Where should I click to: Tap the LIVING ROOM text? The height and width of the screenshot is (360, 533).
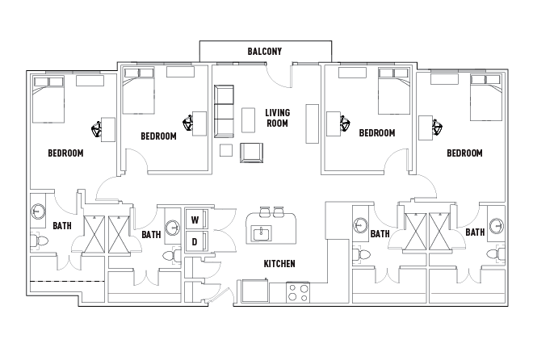pyautogui.click(x=277, y=119)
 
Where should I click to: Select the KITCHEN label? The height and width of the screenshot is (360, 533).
pyautogui.click(x=279, y=264)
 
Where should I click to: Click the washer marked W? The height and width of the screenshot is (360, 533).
pyautogui.click(x=195, y=220)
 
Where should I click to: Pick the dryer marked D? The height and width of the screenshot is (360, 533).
pyautogui.click(x=195, y=241)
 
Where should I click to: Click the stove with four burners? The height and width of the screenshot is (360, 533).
pyautogui.click(x=298, y=291)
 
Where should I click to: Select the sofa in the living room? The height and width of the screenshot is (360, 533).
pyautogui.click(x=224, y=111)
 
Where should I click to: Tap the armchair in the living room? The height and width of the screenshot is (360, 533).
pyautogui.click(x=252, y=151)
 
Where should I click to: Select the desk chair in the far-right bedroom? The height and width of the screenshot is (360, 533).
pyautogui.click(x=439, y=126)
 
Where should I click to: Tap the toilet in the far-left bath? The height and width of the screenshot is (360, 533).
pyautogui.click(x=37, y=241)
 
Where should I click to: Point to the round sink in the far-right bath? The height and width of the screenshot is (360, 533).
pyautogui.click(x=498, y=224)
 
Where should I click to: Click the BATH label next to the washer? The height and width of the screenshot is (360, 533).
pyautogui.click(x=151, y=235)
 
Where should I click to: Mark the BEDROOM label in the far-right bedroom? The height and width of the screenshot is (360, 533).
pyautogui.click(x=464, y=153)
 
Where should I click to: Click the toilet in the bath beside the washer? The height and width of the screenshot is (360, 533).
pyautogui.click(x=171, y=255)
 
